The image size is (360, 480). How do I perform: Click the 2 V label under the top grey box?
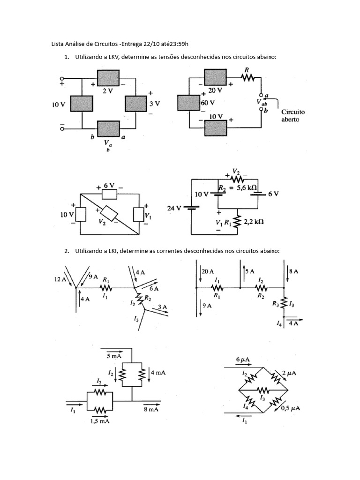107,91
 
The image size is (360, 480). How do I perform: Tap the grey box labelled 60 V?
188,103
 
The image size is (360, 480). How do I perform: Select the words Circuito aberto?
292,116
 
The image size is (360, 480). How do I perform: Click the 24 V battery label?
175,208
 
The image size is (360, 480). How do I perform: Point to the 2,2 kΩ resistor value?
254,221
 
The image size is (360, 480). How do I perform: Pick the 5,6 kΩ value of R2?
247,187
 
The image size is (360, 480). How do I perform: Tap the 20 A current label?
208,271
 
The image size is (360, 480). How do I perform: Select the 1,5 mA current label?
100,421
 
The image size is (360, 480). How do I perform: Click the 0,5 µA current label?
290,408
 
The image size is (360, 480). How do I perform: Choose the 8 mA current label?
151,409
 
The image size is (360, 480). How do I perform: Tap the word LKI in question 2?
113,251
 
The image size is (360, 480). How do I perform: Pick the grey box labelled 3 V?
136,104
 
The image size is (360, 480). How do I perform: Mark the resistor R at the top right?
248,78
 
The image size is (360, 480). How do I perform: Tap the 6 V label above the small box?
109,186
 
